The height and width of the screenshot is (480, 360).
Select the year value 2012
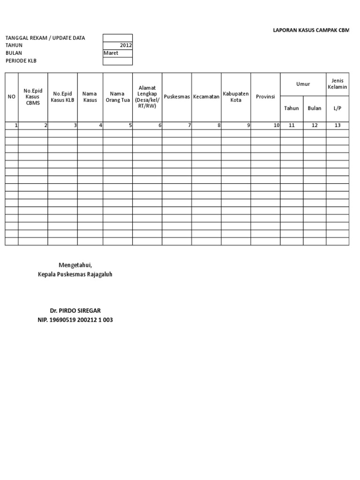pos(126,45)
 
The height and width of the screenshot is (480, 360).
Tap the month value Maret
pos(111,53)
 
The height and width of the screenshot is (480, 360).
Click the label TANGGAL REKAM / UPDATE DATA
pos(45,38)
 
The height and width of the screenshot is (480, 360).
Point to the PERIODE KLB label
pos(21,60)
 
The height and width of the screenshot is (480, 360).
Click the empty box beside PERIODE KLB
pos(118,61)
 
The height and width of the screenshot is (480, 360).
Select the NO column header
pos(12,97)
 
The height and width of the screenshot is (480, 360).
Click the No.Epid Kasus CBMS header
pos(33,97)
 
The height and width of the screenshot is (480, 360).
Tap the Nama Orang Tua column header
pos(117,97)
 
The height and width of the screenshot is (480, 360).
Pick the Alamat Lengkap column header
pos(147,97)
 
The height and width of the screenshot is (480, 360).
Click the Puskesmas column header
pos(177,97)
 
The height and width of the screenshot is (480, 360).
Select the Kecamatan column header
pos(206,97)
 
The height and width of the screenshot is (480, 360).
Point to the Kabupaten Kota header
pos(236,97)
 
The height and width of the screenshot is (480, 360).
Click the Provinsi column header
pos(265,97)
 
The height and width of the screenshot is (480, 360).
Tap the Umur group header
pos(303,84)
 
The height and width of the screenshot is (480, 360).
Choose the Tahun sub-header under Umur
pos(292,108)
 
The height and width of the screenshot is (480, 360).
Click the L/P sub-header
pos(337,108)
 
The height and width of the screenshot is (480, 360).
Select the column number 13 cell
pos(337,125)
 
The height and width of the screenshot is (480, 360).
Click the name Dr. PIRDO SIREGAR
pos(75,311)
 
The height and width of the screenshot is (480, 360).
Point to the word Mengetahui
pos(75,265)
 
